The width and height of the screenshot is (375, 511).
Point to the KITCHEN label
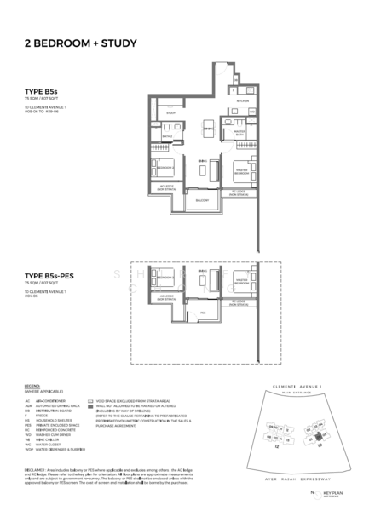tap(243, 99)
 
